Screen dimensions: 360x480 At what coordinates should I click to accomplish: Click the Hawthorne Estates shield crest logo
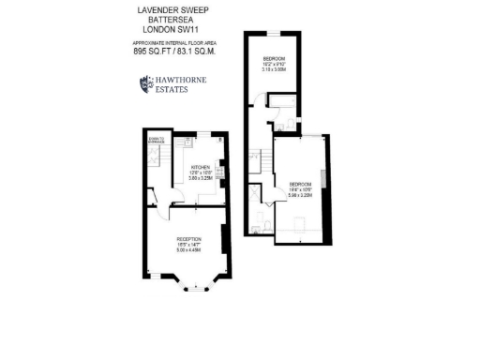click(x=144, y=84)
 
